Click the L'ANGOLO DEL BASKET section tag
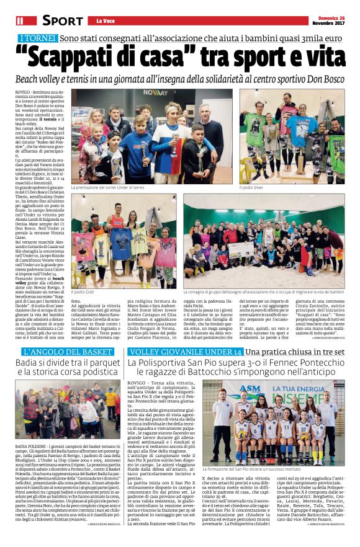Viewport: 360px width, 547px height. point(63,352)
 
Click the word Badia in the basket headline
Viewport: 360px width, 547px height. point(30,365)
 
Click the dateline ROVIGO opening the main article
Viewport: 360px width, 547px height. point(22,91)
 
